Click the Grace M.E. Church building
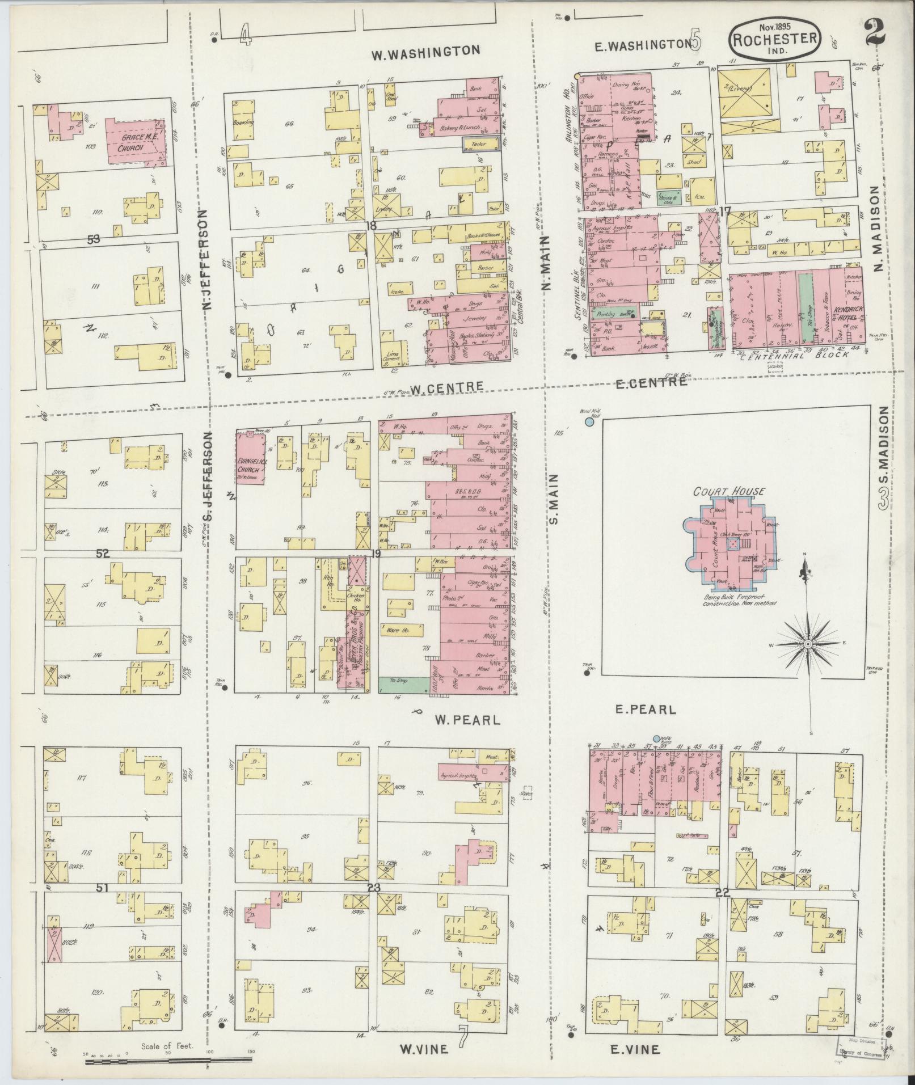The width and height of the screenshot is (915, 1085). pos(136,142)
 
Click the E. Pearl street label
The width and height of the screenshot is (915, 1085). pos(645,710)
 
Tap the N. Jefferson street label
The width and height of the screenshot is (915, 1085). pos(206,259)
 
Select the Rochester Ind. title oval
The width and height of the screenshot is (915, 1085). pos(774,39)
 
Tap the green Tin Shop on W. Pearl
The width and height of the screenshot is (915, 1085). pos(404,685)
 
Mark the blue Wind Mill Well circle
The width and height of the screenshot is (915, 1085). pos(589,422)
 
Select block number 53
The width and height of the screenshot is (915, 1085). pos(94,239)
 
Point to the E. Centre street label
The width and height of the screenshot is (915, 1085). pos(651,383)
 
